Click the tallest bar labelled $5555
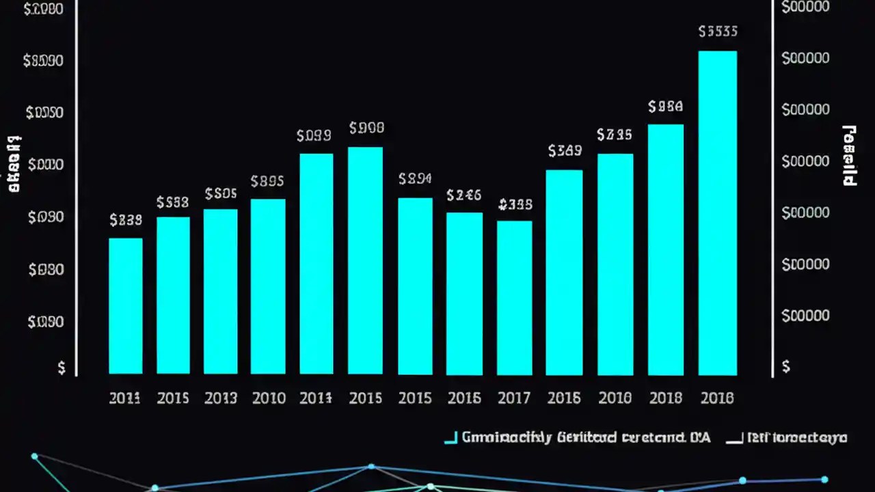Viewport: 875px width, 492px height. [x=717, y=212]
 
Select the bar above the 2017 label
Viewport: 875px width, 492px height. [x=514, y=297]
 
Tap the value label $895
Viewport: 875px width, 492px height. [x=267, y=182]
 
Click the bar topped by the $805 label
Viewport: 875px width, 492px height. [x=220, y=291]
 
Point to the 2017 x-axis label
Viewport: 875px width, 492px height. [x=514, y=398]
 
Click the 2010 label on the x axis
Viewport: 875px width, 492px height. [x=269, y=398]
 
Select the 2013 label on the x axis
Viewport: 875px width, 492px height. [x=220, y=398]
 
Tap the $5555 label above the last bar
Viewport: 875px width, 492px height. [x=718, y=31]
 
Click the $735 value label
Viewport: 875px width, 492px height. [x=614, y=135]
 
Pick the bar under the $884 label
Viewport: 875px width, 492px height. [x=665, y=249]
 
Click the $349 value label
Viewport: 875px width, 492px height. [x=565, y=151]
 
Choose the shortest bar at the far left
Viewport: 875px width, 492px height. [x=126, y=305]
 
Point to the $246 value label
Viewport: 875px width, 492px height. [x=464, y=196]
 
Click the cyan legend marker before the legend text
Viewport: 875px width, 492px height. [x=450, y=439]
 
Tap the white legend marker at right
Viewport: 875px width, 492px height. [x=733, y=439]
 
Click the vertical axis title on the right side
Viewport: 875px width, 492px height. [x=849, y=156]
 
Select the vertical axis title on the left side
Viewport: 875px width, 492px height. [x=14, y=164]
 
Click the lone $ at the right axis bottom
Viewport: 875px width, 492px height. [x=785, y=367]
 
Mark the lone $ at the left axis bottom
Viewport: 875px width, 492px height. [x=62, y=368]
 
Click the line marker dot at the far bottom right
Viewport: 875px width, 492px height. [x=824, y=480]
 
